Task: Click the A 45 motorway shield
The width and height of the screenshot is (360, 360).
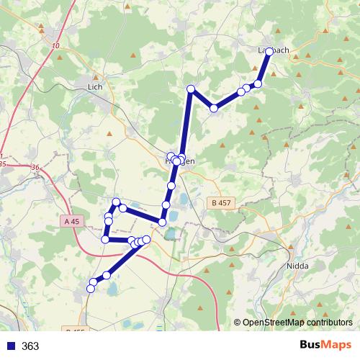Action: pyautogui.click(x=71, y=222)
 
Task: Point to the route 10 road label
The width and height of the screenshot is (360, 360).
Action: pyautogui.click(x=56, y=47)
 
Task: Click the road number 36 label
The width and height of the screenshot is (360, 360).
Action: pyautogui.click(x=36, y=168)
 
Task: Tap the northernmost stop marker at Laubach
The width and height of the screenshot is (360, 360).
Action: pyautogui.click(x=269, y=52)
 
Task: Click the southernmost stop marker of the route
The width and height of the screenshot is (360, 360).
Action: pyautogui.click(x=91, y=289)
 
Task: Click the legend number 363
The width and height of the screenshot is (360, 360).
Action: pyautogui.click(x=30, y=346)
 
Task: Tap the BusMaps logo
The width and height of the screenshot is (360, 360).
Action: pyautogui.click(x=325, y=346)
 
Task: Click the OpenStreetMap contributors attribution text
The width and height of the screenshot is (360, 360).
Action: pyautogui.click(x=297, y=323)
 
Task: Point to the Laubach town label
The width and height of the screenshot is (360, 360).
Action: pyautogui.click(x=274, y=50)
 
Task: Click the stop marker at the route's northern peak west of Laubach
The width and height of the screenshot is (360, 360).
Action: pyautogui.click(x=191, y=89)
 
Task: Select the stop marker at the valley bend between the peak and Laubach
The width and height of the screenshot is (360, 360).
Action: pyautogui.click(x=214, y=108)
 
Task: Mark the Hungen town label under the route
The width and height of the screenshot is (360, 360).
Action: pyautogui.click(x=180, y=163)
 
